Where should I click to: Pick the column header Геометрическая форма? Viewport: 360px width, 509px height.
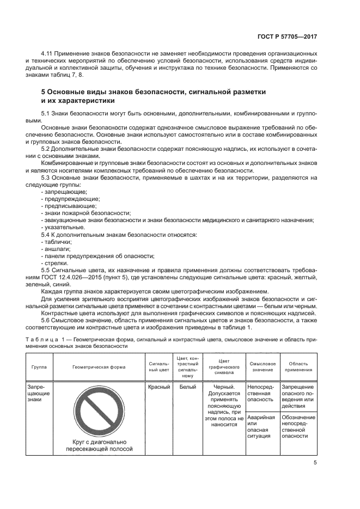[99, 367]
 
